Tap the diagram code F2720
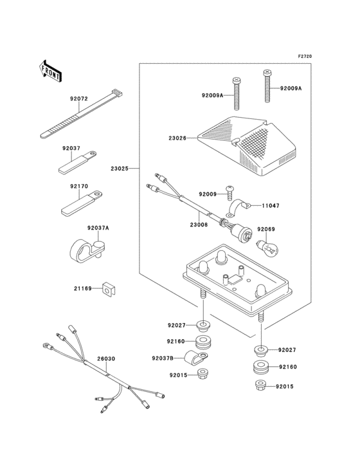(305, 56)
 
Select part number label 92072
(79, 98)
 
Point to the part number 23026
(177, 138)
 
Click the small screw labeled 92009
(230, 193)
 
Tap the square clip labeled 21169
(110, 289)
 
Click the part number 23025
(120, 169)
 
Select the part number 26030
(106, 358)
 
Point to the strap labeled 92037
(77, 162)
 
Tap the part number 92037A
(98, 228)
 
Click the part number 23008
(199, 224)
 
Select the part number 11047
(270, 206)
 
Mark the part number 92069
(266, 229)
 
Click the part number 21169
(83, 289)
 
